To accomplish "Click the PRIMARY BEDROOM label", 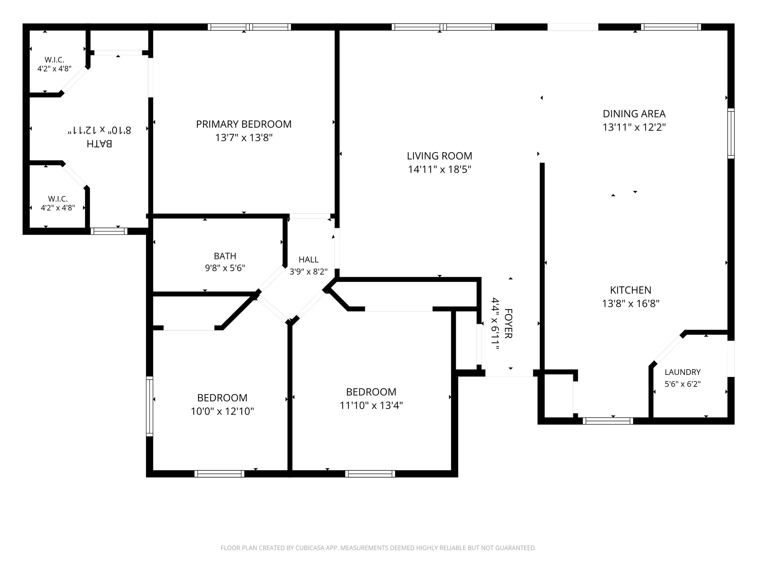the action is point(244,124).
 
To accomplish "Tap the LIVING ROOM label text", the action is point(439,156).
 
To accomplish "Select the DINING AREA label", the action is point(634,114).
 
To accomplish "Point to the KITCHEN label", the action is point(631,290).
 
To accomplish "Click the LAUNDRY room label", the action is point(683,372).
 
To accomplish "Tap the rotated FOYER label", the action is point(508,324).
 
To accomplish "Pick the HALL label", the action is point(309,260).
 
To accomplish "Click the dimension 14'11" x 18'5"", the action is point(439,169).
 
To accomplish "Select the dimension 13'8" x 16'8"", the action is point(631,303).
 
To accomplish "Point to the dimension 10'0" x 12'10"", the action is point(222,411).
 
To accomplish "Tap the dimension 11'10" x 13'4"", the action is point(371,405).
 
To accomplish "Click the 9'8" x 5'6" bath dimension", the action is point(225,268).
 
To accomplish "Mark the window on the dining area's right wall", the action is point(731,133).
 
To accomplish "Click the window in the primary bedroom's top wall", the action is point(249,27).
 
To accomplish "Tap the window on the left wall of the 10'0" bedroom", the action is point(150,406).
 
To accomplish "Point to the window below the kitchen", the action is point(608,421).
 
